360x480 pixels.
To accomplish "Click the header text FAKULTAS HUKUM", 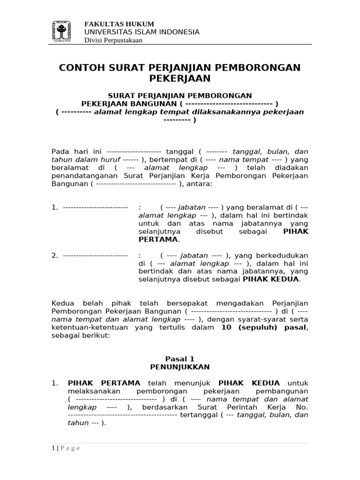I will [119, 24].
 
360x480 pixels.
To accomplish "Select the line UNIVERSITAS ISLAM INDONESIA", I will [142, 32].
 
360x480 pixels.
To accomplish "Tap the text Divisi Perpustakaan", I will [113, 40].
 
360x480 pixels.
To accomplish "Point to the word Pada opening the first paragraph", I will [60, 151].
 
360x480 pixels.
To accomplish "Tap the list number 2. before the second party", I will [55, 255].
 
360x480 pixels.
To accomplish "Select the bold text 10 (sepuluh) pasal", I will [264, 328].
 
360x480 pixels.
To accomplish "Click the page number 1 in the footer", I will [53, 448].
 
